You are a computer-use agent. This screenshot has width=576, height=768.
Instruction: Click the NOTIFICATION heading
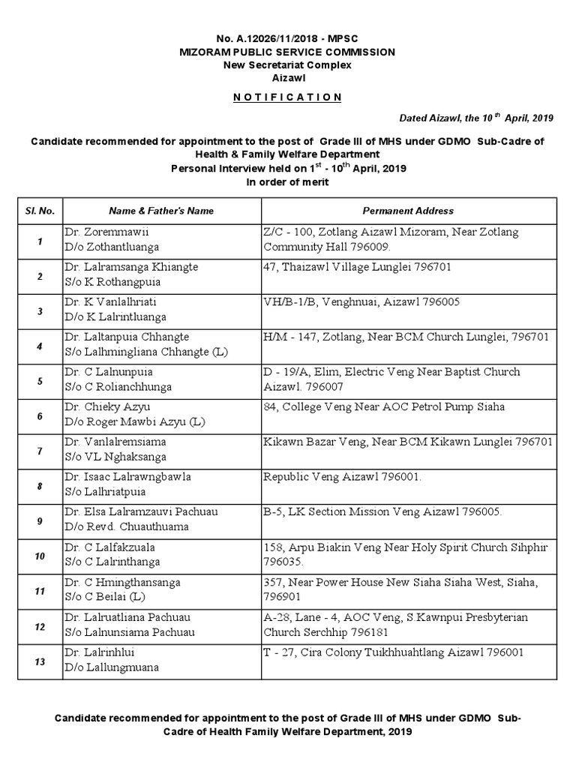tap(287, 97)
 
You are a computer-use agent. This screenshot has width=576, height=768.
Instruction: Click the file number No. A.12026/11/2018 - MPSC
tap(287, 38)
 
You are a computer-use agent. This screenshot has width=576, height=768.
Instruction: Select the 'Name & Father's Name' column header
tap(160, 211)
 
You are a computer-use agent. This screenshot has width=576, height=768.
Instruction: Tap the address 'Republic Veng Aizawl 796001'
tap(343, 477)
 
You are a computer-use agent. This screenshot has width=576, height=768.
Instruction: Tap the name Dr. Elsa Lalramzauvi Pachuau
tap(141, 512)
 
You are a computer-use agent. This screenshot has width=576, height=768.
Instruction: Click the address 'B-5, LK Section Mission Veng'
tap(382, 512)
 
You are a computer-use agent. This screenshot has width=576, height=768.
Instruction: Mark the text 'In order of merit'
tap(287, 181)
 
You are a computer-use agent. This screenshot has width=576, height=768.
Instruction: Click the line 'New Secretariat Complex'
tap(287, 64)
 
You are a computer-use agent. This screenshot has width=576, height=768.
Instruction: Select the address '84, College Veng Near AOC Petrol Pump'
tap(383, 407)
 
